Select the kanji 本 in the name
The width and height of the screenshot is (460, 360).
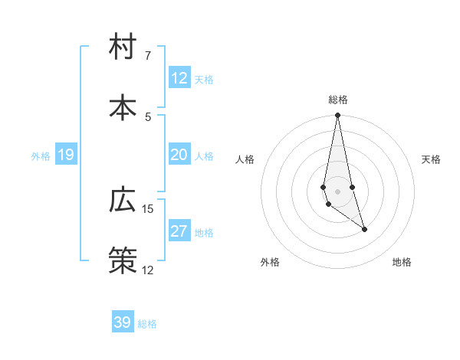click(123, 107)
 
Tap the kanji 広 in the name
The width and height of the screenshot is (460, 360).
click(123, 200)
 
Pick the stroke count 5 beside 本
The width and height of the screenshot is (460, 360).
click(148, 116)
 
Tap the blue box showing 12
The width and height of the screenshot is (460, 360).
click(179, 78)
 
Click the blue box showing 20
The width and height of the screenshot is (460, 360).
click(179, 155)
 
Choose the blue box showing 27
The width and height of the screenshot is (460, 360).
click(179, 231)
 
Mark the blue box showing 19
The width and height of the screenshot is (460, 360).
click(66, 155)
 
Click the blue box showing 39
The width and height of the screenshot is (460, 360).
click(123, 322)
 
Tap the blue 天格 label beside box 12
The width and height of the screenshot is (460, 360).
click(203, 80)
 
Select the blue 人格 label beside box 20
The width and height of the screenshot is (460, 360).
click(203, 156)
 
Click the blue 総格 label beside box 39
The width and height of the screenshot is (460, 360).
click(147, 324)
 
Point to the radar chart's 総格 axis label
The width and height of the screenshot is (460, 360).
click(337, 100)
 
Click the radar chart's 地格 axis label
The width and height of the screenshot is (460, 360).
click(402, 262)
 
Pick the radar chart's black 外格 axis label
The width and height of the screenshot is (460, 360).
click(270, 262)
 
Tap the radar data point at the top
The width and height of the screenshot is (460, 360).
click(337, 116)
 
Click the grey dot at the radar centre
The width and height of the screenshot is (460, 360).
click(337, 191)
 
